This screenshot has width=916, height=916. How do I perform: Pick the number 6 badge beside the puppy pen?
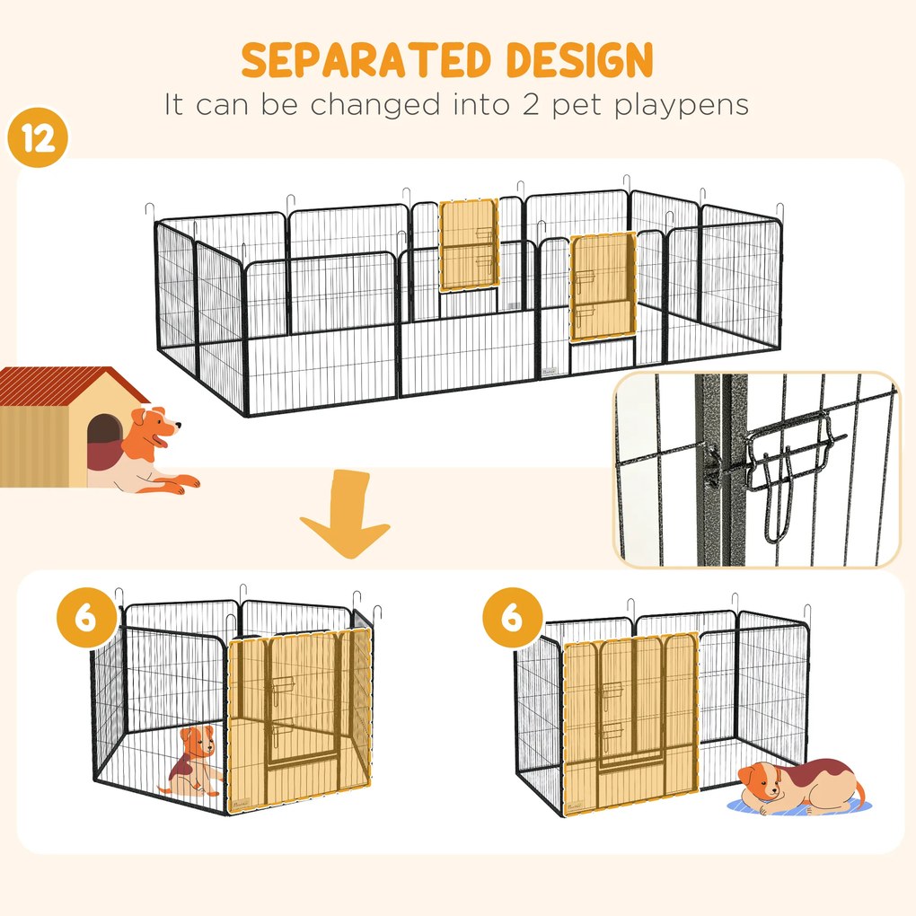(87, 621)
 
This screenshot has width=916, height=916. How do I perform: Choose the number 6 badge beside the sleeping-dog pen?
(512, 621)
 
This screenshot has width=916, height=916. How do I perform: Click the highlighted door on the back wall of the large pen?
(468, 245)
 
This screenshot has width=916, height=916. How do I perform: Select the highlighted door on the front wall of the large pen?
(603, 287)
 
